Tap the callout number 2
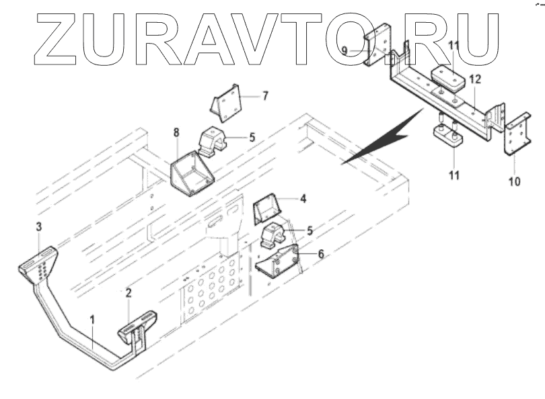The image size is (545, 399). [x=128, y=292]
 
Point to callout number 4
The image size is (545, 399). [x=303, y=199]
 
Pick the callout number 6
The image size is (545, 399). [x=320, y=255]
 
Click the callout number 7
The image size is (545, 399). [x=265, y=95]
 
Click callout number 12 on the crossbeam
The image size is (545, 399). [x=475, y=79]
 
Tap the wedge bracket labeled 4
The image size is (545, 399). [x=266, y=210]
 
